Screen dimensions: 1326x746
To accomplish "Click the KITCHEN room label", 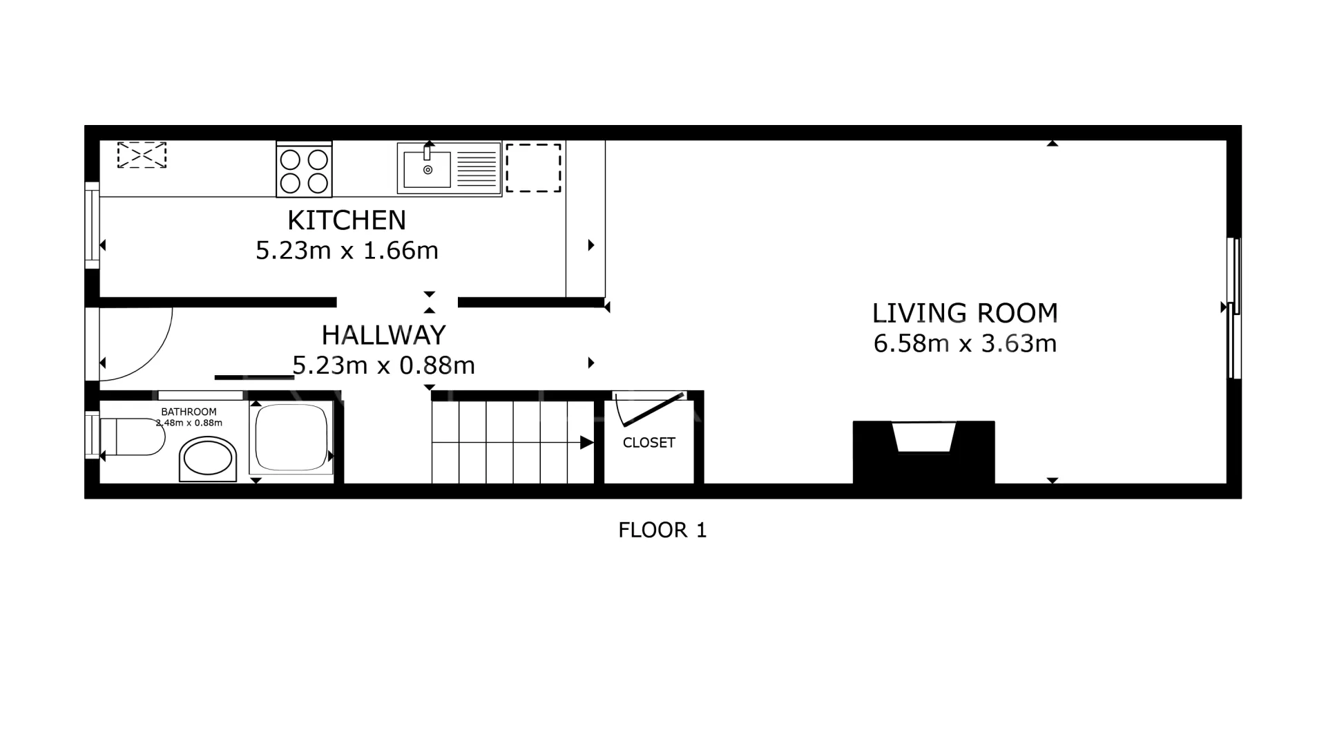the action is pos(347,220).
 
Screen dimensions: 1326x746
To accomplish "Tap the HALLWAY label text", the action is pos(384,335).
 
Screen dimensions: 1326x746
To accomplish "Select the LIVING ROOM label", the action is pos(965,313).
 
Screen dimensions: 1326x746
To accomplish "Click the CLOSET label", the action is pos(649,443).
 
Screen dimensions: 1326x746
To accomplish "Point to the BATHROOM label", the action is pos(189,412).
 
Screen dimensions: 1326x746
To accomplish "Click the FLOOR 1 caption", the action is pos(663,530).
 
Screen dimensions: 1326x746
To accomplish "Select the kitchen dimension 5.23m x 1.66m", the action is pos(347,250).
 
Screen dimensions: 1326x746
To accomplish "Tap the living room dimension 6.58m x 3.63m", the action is pos(965,343).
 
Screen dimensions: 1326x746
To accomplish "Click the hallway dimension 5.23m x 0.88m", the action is pos(384,365).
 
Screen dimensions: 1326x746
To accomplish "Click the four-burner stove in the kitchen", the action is pos(304,170).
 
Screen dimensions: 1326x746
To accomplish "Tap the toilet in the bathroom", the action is pos(133,437).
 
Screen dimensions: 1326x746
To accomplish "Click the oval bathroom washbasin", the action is pos(208,459).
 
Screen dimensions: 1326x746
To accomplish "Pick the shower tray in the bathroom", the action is pos(291,437).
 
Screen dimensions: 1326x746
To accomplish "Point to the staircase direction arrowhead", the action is pos(587,443).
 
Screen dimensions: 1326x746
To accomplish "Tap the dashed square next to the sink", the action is pos(533,168).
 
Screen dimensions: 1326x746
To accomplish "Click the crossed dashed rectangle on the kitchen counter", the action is pos(142,155).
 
